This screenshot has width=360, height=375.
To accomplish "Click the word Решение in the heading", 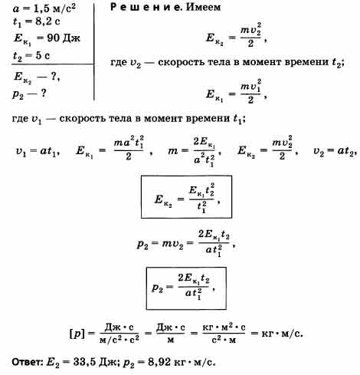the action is pyautogui.click(x=146, y=7).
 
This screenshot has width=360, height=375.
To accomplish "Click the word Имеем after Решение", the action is pyautogui.click(x=204, y=7).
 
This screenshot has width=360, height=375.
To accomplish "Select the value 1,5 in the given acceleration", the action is pyautogui.click(x=41, y=9).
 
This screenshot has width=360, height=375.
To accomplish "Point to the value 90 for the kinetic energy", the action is pyautogui.click(x=53, y=38).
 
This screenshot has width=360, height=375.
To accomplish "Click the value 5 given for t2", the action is pyautogui.click(x=38, y=55).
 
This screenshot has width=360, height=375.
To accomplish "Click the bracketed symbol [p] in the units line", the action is pyautogui.click(x=77, y=334).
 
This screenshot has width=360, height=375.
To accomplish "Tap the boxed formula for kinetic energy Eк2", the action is pyautogui.click(x=186, y=196).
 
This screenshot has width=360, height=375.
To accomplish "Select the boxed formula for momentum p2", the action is pyautogui.click(x=186, y=288).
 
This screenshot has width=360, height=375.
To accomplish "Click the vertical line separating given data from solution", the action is pyautogui.click(x=94, y=52).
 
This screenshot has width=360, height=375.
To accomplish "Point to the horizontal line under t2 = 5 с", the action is pyautogui.click(x=53, y=64).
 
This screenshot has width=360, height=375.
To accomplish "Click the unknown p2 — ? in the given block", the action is pyautogui.click(x=29, y=94).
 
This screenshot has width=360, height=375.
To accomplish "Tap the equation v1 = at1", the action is pyautogui.click(x=38, y=151).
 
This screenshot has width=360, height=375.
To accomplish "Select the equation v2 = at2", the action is pyautogui.click(x=335, y=151).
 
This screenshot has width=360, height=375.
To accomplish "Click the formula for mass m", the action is pyautogui.click(x=195, y=152).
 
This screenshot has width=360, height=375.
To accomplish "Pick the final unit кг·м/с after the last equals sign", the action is pyautogui.click(x=282, y=334).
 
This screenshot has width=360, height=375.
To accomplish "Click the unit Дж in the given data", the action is pyautogui.click(x=71, y=38).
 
